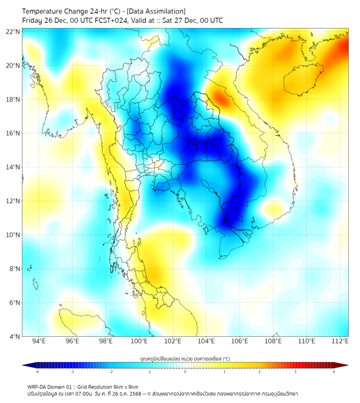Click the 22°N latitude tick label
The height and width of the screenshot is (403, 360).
13,31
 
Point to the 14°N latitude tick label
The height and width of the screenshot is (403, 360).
13,167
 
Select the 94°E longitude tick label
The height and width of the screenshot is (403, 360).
39,341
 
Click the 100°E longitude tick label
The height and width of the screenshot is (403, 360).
139,341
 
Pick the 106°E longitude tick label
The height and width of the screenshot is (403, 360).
240,341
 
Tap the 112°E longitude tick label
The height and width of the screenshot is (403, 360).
340,341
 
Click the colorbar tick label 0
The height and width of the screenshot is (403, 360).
185,372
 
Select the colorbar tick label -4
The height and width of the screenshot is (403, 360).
37,372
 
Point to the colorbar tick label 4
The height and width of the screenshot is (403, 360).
334,372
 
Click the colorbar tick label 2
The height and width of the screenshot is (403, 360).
259,372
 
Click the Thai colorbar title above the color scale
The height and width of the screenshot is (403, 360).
185,358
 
